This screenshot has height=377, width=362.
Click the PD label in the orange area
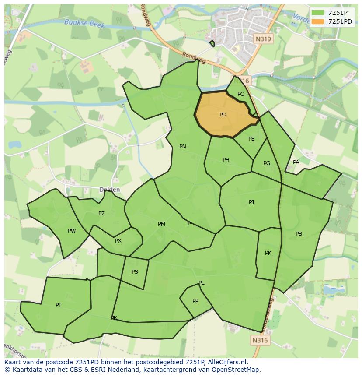(x=223, y=115)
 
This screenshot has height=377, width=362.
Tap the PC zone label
(x=241, y=94)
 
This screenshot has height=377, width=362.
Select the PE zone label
(x=251, y=139)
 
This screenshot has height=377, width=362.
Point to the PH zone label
(x=226, y=160)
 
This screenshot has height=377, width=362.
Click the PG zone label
(x=267, y=163)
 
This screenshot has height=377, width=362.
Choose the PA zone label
(x=296, y=162)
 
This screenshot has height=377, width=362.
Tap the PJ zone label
(x=251, y=202)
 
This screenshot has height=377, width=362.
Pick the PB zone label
(x=299, y=234)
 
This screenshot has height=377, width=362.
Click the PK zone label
(x=268, y=253)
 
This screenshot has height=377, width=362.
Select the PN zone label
(x=183, y=147)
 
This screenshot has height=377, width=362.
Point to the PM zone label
(x=161, y=224)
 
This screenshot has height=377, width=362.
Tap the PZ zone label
(x=101, y=214)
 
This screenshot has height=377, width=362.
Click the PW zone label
(x=72, y=231)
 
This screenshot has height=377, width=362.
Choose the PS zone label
(x=135, y=272)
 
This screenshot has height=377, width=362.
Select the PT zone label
(x=59, y=305)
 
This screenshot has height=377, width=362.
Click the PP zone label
(x=195, y=301)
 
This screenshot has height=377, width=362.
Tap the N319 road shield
(x=263, y=39)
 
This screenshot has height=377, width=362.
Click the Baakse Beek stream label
(x=84, y=23)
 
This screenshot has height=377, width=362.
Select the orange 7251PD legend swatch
(x=318, y=21)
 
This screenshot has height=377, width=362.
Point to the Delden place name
(x=109, y=190)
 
